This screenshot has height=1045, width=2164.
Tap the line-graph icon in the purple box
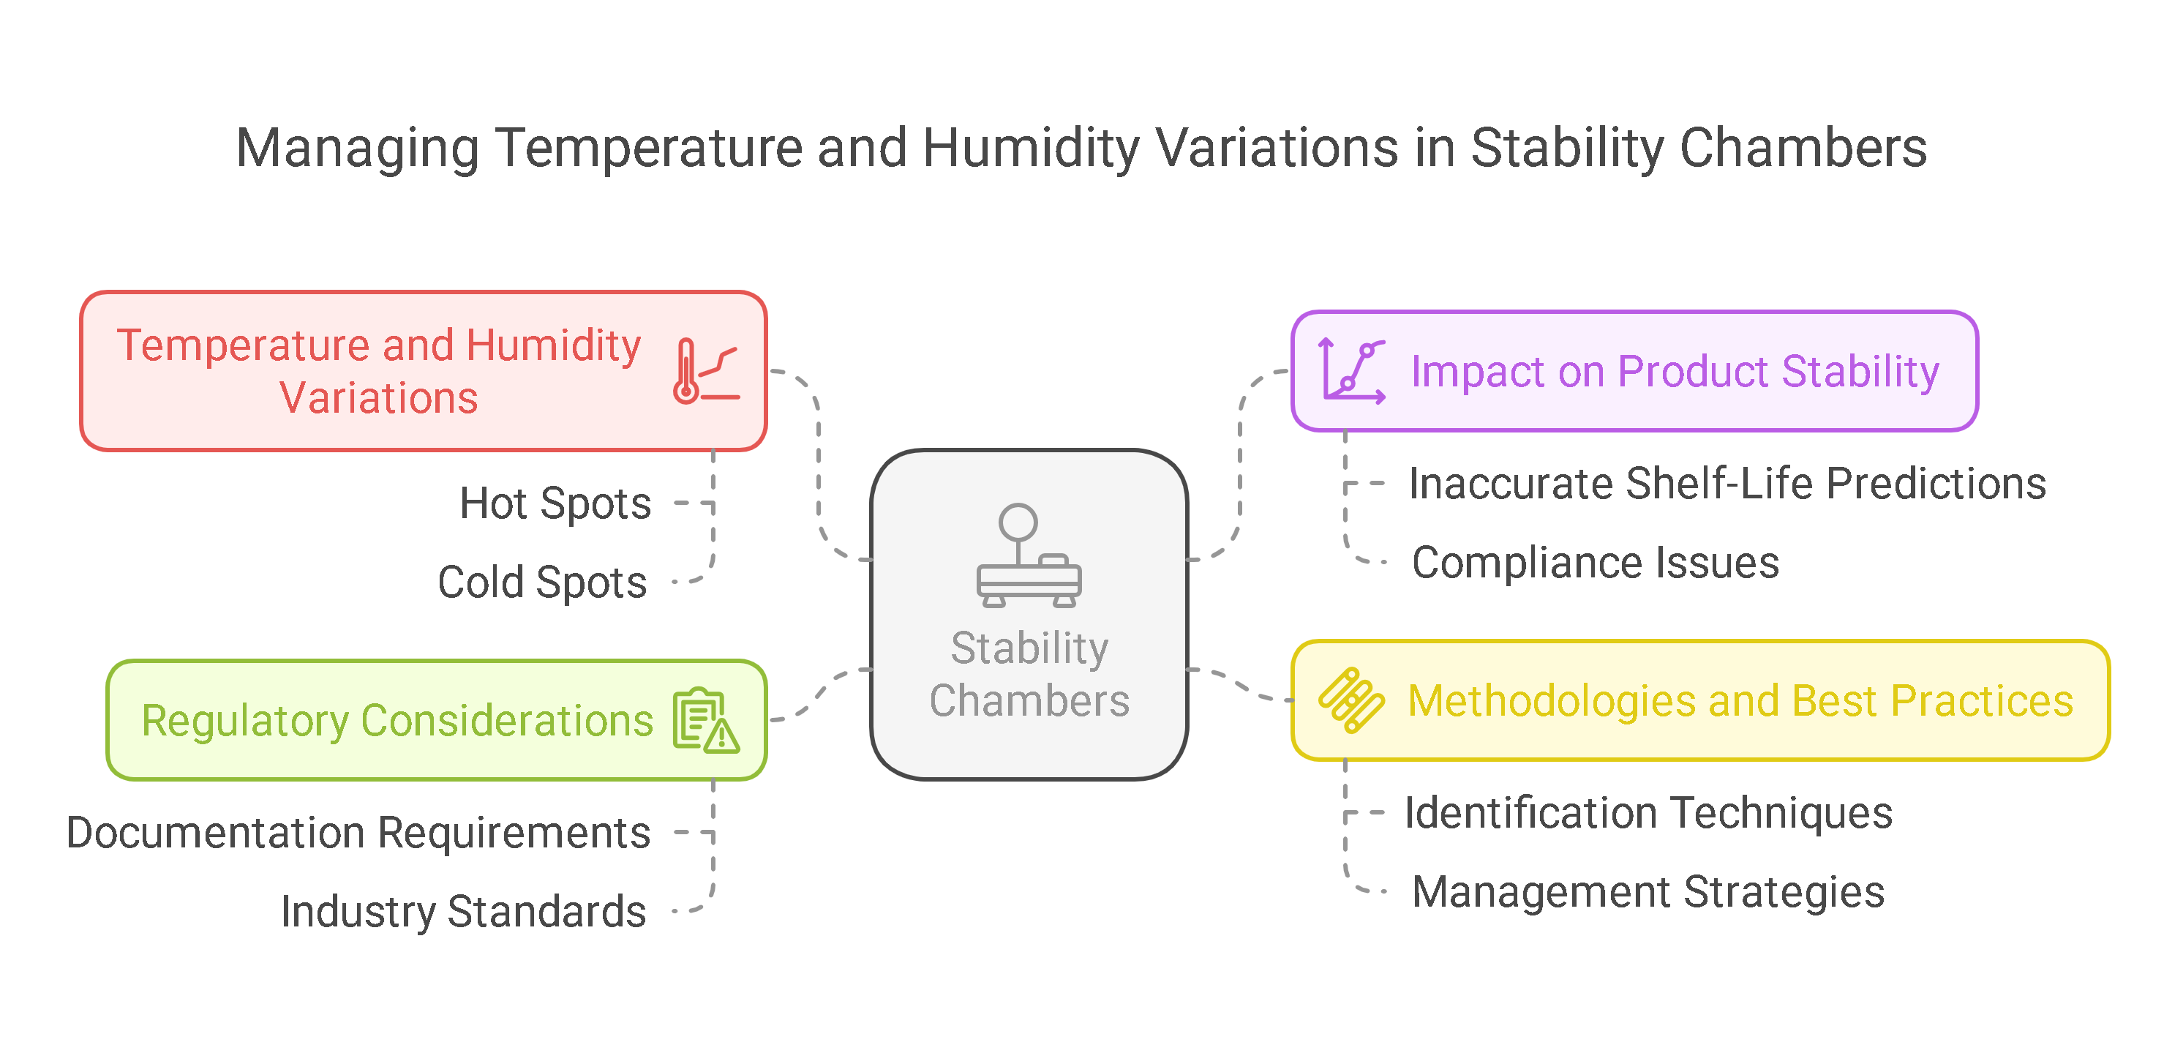(1350, 370)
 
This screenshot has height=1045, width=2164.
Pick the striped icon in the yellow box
(1350, 700)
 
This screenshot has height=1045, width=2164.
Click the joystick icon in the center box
(1029, 555)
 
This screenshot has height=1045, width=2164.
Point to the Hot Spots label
(555, 504)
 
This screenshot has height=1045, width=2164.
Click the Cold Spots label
(542, 583)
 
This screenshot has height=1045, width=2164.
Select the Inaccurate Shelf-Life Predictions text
(1727, 484)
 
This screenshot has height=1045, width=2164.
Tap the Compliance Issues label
(1596, 562)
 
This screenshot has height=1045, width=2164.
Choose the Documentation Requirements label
(358, 834)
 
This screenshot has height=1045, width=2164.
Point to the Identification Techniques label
(1648, 813)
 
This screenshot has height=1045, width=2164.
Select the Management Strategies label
(1648, 892)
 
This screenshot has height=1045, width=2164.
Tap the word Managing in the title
(357, 149)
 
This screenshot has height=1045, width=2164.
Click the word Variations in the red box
(379, 398)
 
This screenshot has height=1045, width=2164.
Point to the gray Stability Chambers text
(1029, 675)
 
